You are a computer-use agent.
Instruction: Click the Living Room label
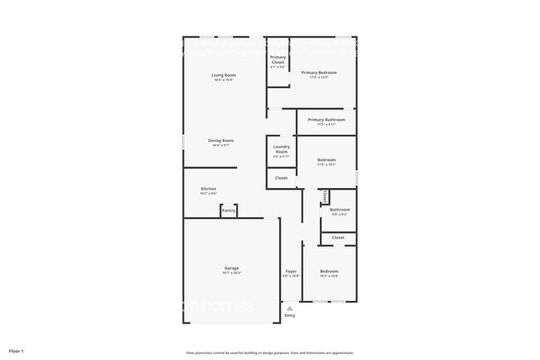222,76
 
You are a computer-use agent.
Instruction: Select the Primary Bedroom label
319,72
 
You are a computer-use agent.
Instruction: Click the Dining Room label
221,141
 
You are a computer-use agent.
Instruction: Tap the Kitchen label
208,189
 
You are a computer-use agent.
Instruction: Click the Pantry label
228,211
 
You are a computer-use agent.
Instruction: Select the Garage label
232,268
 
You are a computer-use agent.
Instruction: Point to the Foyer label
291,271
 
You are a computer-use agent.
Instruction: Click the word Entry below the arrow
290,315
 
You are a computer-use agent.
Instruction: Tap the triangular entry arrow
290,308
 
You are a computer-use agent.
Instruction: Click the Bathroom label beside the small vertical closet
340,210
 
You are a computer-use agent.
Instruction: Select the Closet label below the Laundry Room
281,178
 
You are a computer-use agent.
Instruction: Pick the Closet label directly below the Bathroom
338,238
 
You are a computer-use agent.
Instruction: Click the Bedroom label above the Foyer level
326,160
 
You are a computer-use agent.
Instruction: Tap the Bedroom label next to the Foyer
330,271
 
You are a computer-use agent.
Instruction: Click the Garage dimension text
232,273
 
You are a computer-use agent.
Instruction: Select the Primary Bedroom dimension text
319,77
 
